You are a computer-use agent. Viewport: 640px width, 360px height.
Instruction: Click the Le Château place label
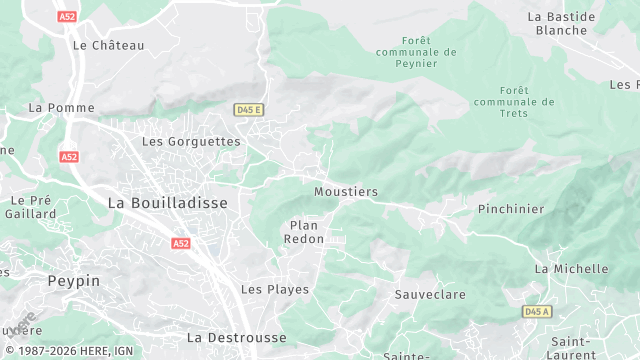(x=109, y=45)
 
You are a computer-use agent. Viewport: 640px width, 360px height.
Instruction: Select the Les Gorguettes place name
(x=191, y=142)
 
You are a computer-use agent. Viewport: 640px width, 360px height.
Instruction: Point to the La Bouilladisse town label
(x=167, y=203)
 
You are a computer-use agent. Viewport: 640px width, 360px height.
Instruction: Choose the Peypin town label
(x=74, y=281)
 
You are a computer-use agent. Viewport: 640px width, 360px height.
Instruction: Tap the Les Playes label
(x=275, y=289)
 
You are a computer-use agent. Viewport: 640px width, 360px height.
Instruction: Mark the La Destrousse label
(x=236, y=338)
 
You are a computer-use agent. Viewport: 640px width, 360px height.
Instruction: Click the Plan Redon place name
(x=304, y=232)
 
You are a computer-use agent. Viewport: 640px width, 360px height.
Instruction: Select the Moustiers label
(x=346, y=191)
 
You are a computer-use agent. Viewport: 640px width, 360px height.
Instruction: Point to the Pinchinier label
(x=511, y=209)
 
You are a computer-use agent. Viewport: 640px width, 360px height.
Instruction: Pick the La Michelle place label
(x=571, y=269)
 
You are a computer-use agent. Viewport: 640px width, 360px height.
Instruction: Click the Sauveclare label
(x=430, y=295)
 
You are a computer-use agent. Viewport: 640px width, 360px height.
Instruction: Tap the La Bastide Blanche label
(x=561, y=23)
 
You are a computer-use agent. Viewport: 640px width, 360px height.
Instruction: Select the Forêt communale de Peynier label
(x=416, y=51)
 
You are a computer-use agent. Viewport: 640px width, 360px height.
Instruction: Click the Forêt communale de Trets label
(x=514, y=101)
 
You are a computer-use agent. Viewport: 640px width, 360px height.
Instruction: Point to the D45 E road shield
(x=248, y=109)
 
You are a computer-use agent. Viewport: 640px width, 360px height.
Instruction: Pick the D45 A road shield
(x=537, y=312)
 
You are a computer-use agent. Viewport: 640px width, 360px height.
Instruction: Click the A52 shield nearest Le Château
(x=67, y=16)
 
